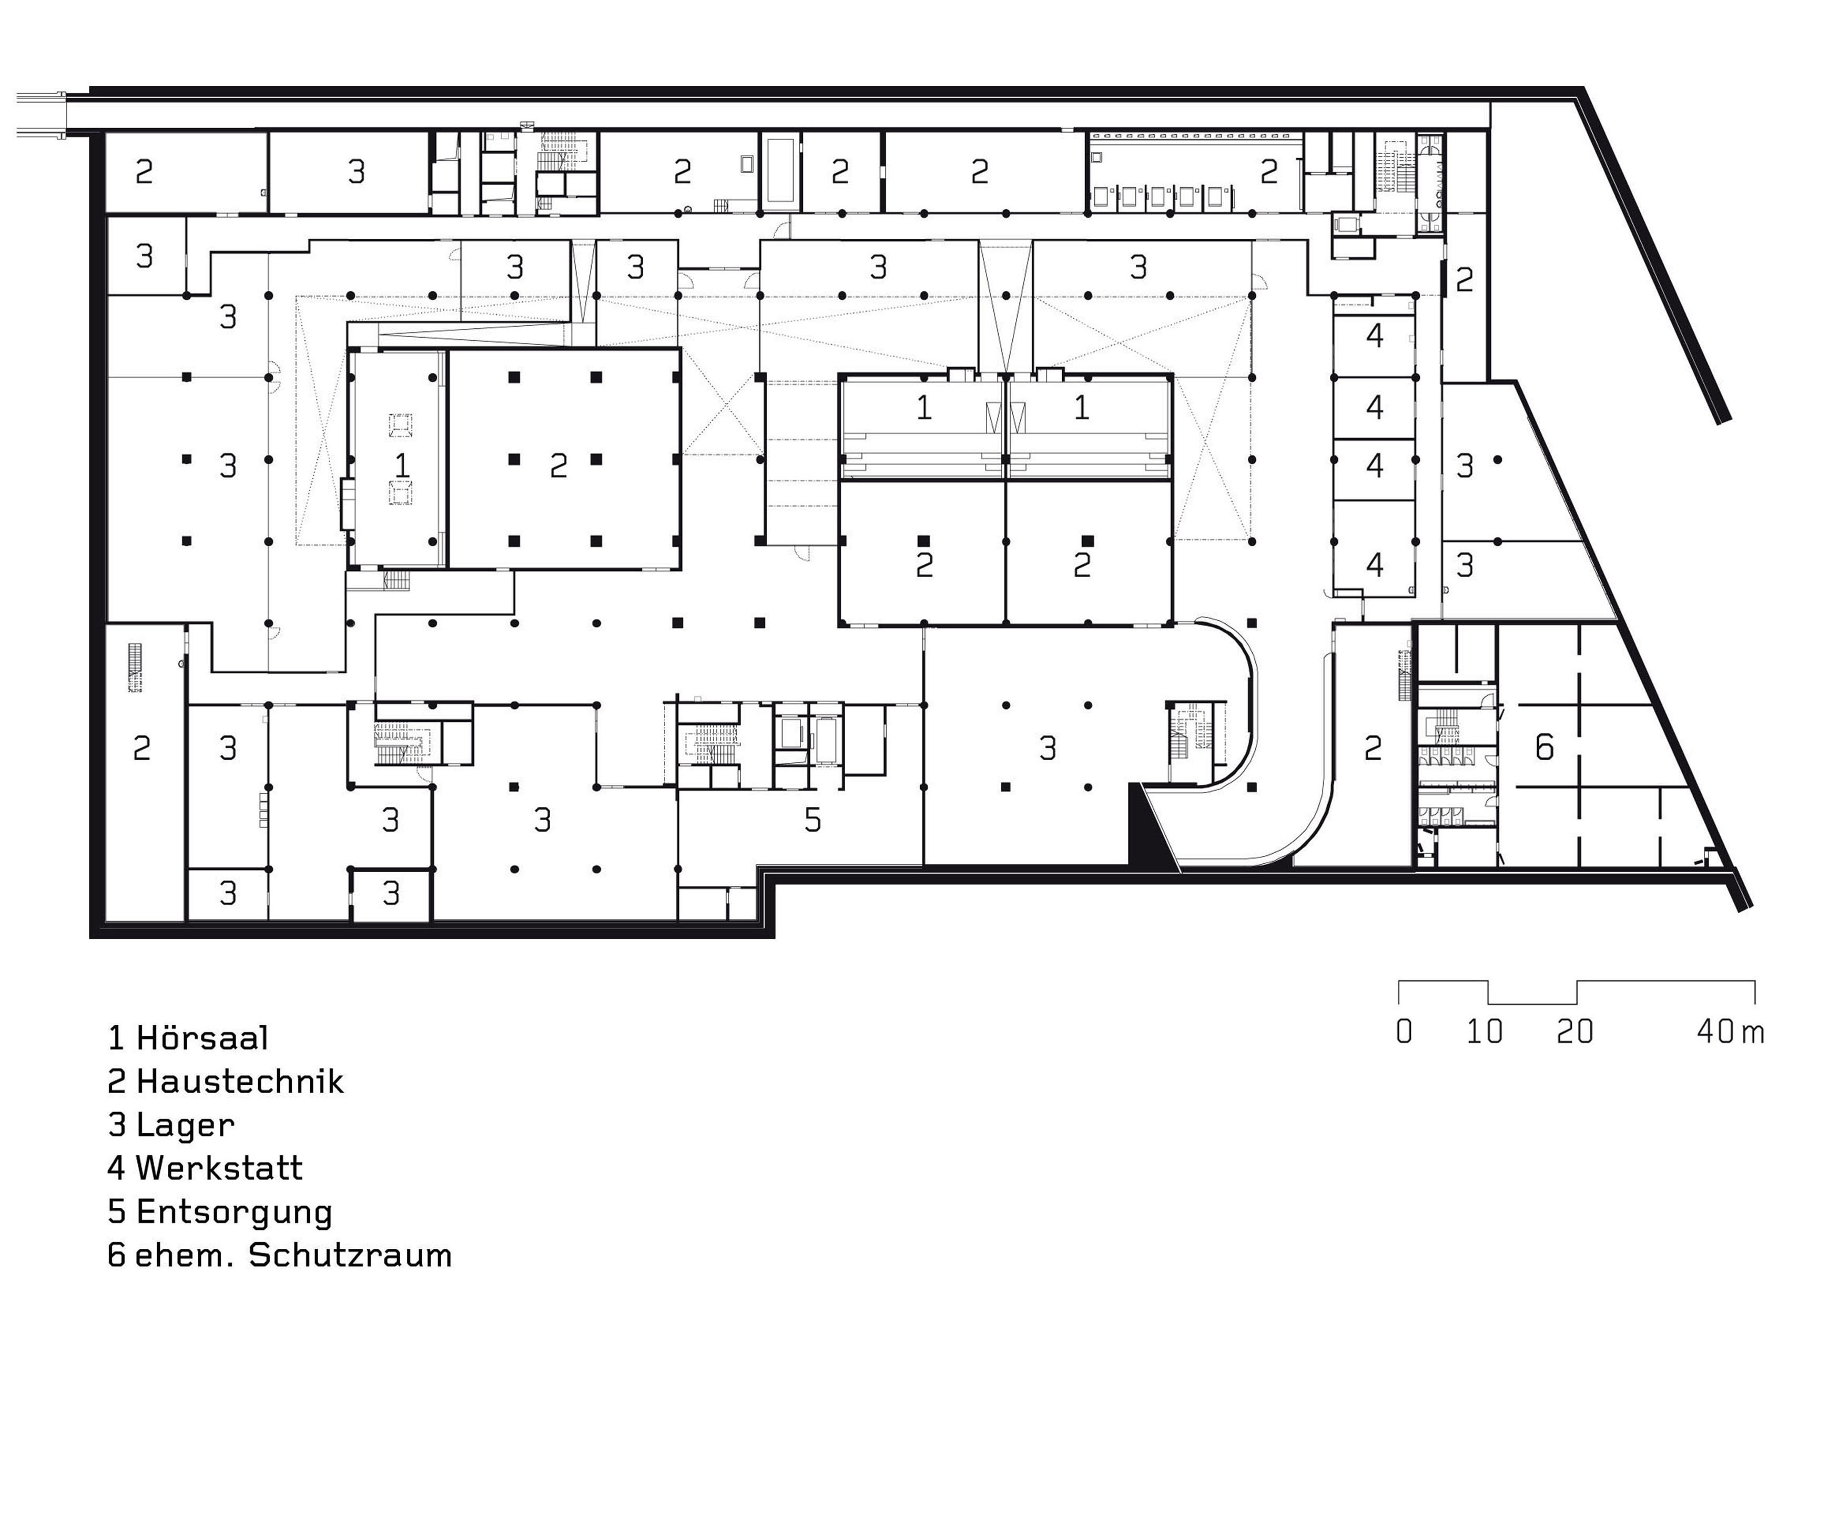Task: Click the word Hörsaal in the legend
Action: (202, 1038)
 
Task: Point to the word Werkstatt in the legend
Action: (219, 1168)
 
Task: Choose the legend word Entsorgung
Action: (235, 1212)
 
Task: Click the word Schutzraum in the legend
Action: (350, 1255)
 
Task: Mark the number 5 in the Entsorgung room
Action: (812, 820)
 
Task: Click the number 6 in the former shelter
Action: (1543, 748)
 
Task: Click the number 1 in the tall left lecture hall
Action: (402, 465)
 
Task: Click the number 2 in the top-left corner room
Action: (144, 171)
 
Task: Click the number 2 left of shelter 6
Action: (1373, 748)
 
